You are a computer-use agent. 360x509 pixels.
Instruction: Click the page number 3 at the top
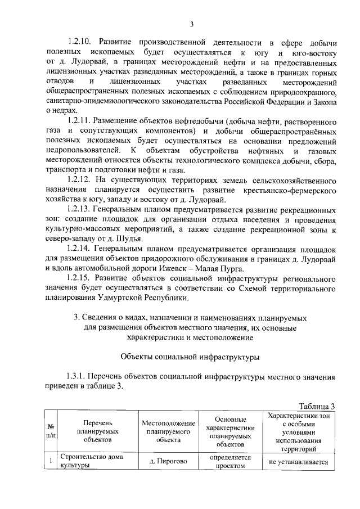click(x=191, y=24)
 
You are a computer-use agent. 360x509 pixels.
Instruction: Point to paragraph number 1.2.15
click(x=80, y=278)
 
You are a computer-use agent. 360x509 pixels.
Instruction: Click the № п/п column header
click(x=51, y=431)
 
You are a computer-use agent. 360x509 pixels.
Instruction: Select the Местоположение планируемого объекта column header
click(x=168, y=431)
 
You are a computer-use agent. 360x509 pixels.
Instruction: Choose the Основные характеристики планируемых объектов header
click(x=231, y=431)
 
